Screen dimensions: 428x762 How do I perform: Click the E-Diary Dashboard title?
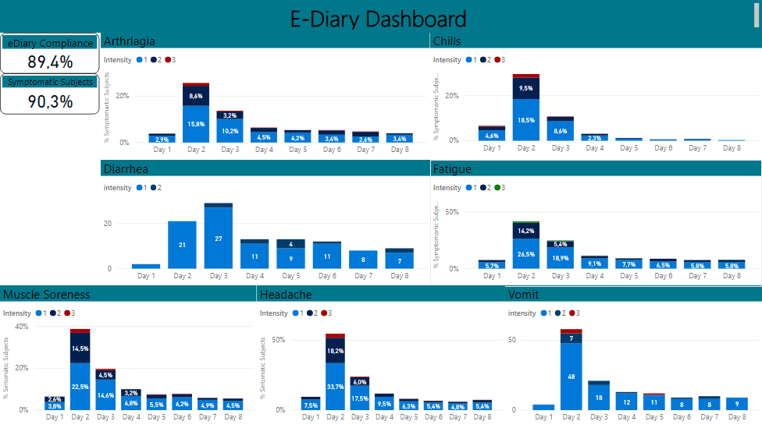point(378,19)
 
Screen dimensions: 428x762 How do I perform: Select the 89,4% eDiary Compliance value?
point(50,62)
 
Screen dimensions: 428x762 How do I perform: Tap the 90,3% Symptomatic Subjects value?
point(50,101)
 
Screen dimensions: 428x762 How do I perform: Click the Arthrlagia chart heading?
point(130,41)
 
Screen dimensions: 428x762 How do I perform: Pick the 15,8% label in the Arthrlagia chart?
point(196,124)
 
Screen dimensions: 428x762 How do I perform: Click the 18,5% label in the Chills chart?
point(526,120)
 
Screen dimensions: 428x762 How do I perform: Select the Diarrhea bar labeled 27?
point(219,239)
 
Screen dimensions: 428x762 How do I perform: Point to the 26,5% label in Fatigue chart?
point(526,253)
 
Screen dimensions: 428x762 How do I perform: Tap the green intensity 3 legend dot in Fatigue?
point(497,188)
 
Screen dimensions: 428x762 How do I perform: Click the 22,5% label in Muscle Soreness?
point(80,387)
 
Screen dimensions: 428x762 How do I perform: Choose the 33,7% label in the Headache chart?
point(335,387)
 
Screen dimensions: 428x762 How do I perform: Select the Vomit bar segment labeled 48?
point(571,377)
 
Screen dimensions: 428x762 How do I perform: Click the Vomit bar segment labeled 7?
point(571,338)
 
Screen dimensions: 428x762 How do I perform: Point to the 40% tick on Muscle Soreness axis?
point(22,326)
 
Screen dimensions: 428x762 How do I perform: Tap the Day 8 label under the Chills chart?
point(731,147)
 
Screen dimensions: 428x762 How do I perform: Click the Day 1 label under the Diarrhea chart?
point(146,276)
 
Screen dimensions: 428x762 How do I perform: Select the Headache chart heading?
point(286,295)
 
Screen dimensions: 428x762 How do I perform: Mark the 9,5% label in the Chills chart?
point(526,89)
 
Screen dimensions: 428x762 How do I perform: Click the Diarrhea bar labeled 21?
point(182,245)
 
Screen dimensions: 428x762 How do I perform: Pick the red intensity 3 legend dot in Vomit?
point(572,313)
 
